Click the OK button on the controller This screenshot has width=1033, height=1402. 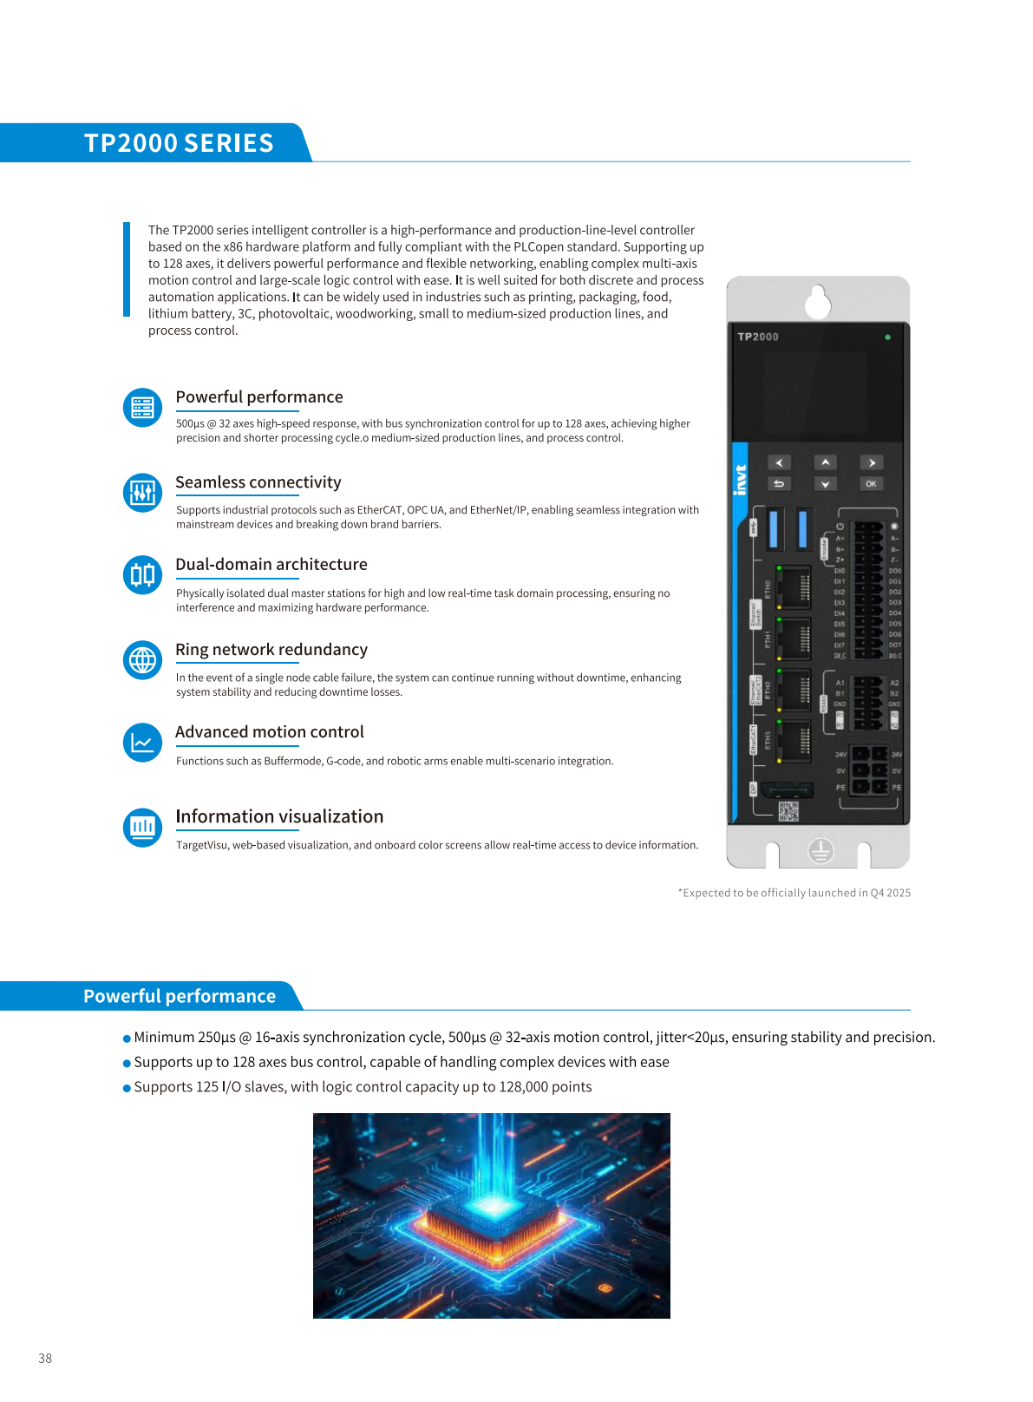(x=871, y=484)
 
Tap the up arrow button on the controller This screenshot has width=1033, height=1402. (x=825, y=462)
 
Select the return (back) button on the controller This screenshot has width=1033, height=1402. (x=779, y=484)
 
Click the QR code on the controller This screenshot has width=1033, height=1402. (x=788, y=811)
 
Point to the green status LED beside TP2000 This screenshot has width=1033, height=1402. (x=887, y=337)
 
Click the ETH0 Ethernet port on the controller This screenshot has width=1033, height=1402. (x=793, y=587)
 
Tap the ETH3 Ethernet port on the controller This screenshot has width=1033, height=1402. (x=793, y=740)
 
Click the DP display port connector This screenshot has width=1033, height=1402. (x=787, y=789)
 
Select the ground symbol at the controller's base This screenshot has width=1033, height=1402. (x=821, y=851)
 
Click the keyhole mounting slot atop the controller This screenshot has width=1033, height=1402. (x=818, y=302)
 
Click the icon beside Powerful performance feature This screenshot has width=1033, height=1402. (x=142, y=408)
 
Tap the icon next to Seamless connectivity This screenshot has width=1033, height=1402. (x=142, y=493)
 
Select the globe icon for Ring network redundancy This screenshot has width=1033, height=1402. (x=142, y=661)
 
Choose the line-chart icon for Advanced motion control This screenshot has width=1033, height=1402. (x=142, y=743)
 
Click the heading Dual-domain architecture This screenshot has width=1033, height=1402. (x=271, y=565)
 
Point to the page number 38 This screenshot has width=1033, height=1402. (x=45, y=1359)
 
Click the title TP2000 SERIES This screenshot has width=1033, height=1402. (x=179, y=143)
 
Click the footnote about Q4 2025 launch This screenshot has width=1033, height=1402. (x=794, y=893)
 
